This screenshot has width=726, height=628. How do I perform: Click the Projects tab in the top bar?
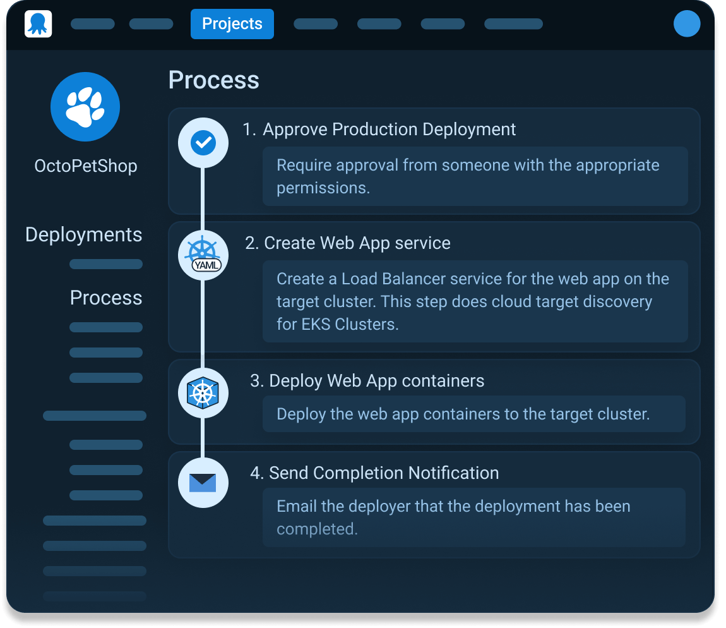point(232,23)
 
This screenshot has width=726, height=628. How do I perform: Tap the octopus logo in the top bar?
point(38,23)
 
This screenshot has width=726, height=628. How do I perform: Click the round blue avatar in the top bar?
point(687,23)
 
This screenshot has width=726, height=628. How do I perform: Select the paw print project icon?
point(85,107)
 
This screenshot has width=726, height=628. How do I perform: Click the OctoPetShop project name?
point(86,166)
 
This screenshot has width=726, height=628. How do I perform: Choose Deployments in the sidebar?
point(83,234)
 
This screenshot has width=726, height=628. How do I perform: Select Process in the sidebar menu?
point(106,298)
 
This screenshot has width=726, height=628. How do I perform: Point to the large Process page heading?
point(213,80)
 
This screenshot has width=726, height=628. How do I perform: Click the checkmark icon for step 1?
point(203,142)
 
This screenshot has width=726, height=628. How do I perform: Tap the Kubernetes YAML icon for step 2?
point(203,255)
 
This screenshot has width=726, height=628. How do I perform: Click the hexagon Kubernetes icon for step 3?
point(203,393)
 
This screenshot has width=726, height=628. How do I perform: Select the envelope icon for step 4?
point(203,483)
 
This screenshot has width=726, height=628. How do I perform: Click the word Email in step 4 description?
point(296,506)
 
